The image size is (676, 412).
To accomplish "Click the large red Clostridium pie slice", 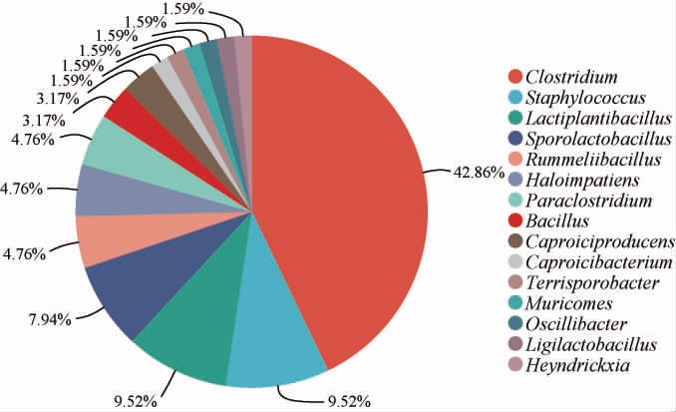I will pos(339,190).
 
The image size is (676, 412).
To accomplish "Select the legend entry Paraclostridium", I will pos(581,201).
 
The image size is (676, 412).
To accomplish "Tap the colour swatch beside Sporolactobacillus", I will pos(515,139).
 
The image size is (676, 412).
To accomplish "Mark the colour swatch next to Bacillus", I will pos(515,220).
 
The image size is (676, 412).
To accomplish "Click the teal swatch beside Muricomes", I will pos(515,303).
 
